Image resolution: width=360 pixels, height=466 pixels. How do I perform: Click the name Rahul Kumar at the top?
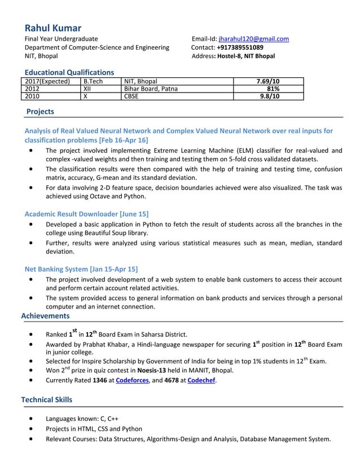point(53,28)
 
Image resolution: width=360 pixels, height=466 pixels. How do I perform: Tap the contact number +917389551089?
point(240,47)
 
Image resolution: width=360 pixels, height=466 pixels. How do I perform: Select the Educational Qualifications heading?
point(69,72)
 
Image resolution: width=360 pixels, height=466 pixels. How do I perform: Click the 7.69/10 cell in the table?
point(268,81)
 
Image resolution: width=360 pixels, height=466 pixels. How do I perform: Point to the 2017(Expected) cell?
point(48,81)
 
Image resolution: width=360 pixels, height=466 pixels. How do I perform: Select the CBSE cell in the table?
point(131,96)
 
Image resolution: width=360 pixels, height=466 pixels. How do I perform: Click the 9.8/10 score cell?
point(269,96)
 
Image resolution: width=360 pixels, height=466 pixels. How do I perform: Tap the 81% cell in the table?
point(273,89)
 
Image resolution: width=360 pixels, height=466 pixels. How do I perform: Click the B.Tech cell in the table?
point(93,81)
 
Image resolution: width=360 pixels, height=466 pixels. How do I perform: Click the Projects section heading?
point(40,112)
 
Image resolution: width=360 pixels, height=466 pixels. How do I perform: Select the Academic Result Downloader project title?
point(86,214)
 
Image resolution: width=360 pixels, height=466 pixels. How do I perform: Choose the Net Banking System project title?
point(81,269)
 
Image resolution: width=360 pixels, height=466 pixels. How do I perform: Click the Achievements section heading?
point(45,316)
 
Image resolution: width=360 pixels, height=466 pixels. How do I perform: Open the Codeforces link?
point(132,381)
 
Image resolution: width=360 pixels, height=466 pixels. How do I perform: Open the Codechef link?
point(201,381)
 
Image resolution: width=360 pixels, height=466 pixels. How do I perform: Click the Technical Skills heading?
point(47,399)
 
